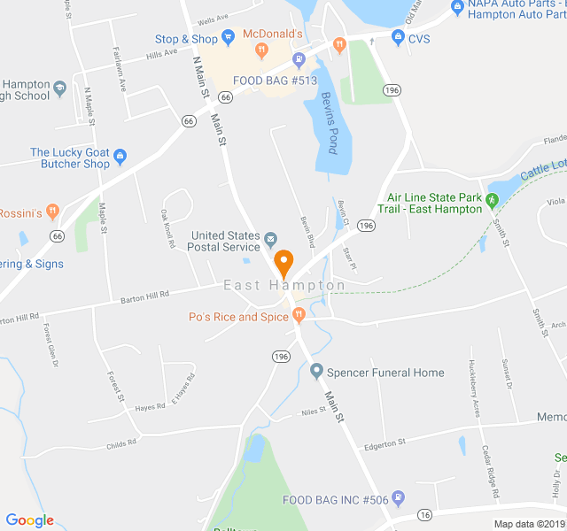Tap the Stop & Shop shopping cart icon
coord(229,39)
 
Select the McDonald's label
coord(267,34)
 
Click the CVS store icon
coord(398,38)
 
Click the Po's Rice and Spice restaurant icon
coord(299,316)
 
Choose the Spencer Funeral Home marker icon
coord(316,373)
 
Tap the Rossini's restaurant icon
coord(52,212)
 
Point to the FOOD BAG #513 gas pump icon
coord(299,60)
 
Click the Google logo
coord(29,520)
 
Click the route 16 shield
coord(425,515)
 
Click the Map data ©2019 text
coord(528,524)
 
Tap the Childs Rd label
coord(121,442)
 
